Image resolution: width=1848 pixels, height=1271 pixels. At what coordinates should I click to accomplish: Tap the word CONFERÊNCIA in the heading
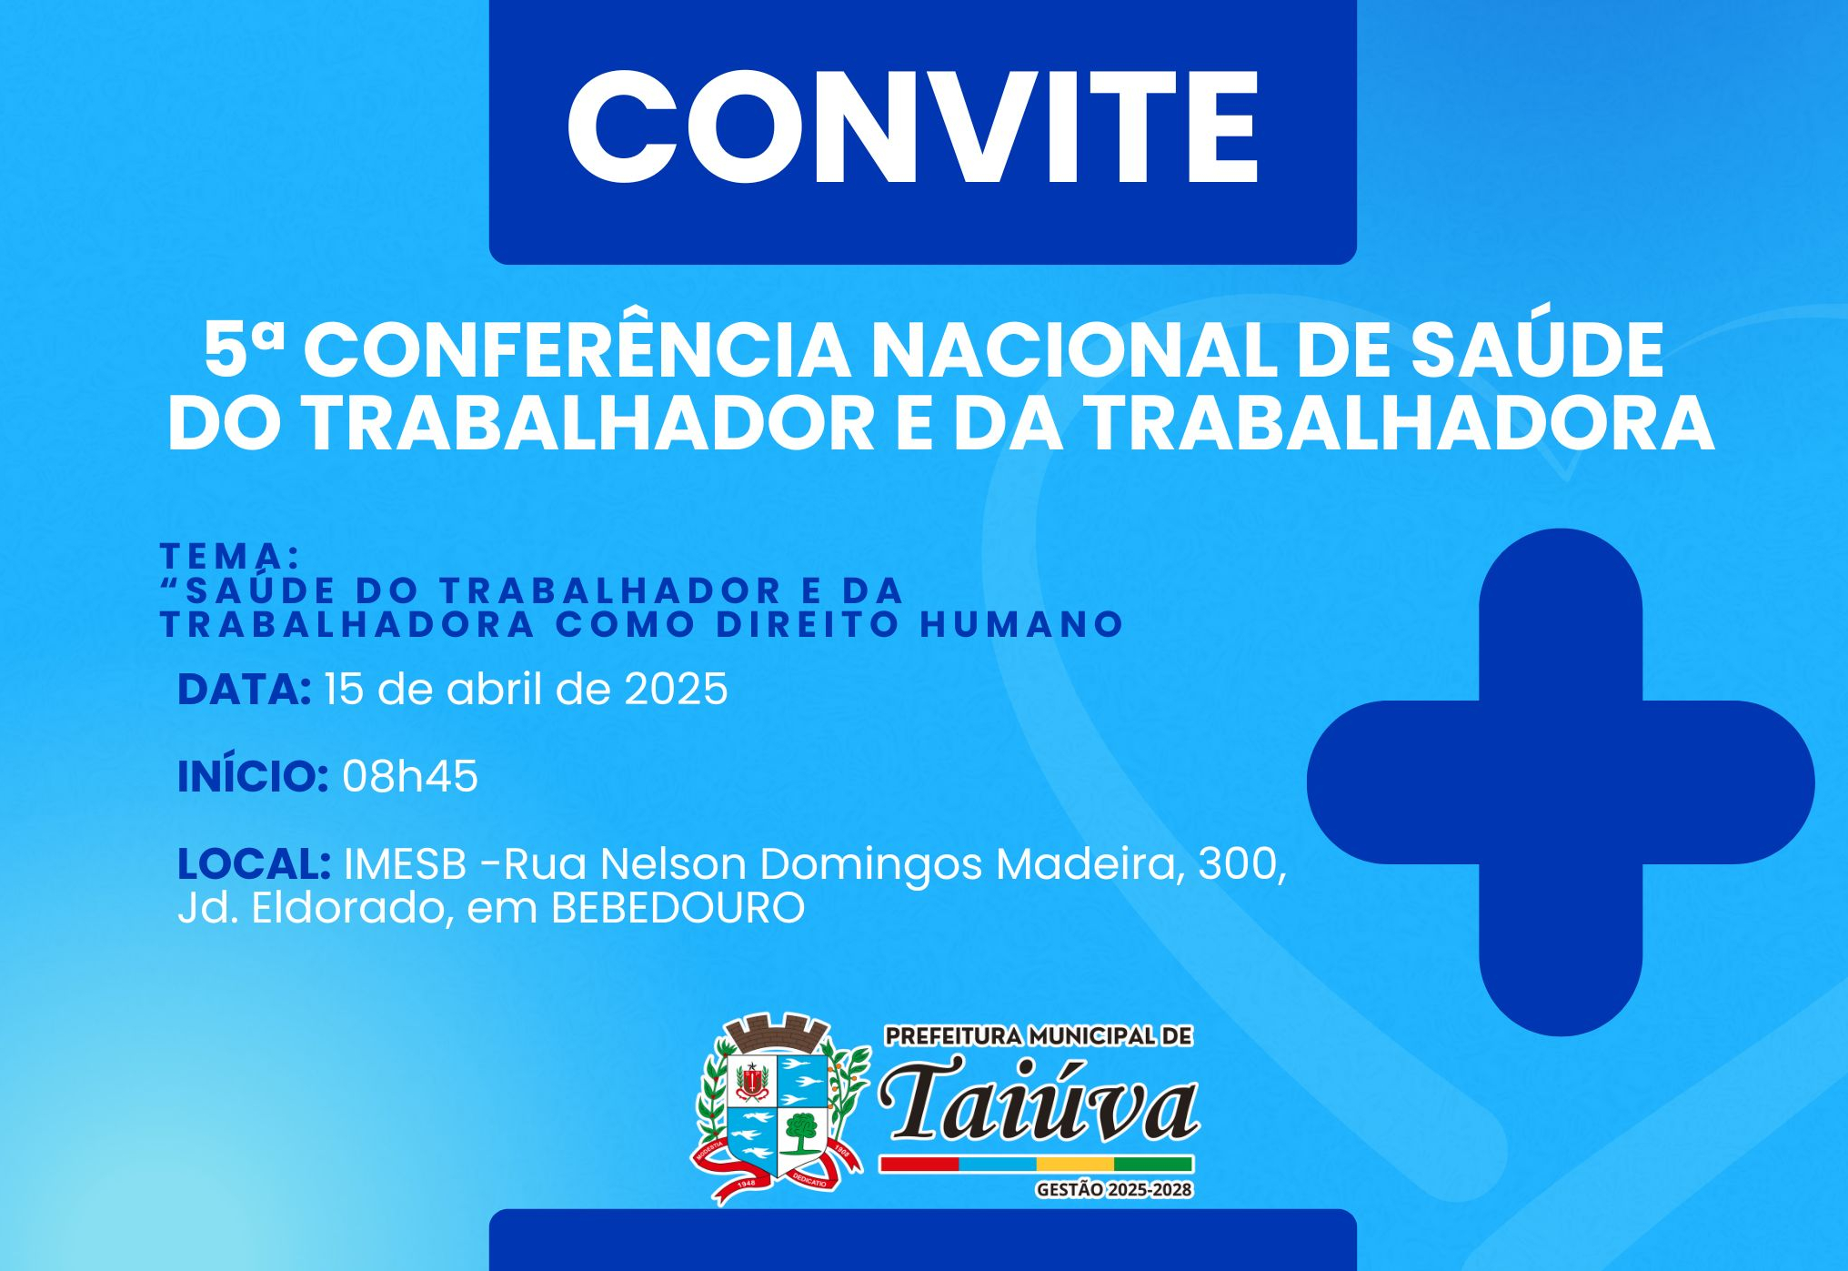point(577,350)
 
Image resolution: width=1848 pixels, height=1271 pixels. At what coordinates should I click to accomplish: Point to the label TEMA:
point(230,555)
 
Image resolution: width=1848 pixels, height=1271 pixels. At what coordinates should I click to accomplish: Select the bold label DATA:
point(245,690)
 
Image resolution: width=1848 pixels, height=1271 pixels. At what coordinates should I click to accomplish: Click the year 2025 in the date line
point(676,690)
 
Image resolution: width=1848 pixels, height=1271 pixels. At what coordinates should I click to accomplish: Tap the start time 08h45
point(410,777)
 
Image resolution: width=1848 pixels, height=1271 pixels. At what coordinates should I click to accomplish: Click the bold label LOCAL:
point(255,863)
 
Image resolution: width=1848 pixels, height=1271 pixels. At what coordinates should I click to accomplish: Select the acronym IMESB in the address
point(406,863)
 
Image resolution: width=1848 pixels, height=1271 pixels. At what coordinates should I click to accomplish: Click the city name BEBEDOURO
point(678,908)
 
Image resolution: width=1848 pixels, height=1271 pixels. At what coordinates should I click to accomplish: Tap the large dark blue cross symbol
point(1561,782)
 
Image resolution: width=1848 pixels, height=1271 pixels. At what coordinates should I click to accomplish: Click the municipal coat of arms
point(780,1108)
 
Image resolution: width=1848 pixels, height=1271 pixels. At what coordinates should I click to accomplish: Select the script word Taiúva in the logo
point(1039,1100)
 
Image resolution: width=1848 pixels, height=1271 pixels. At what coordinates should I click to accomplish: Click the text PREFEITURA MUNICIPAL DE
point(1039,1036)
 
